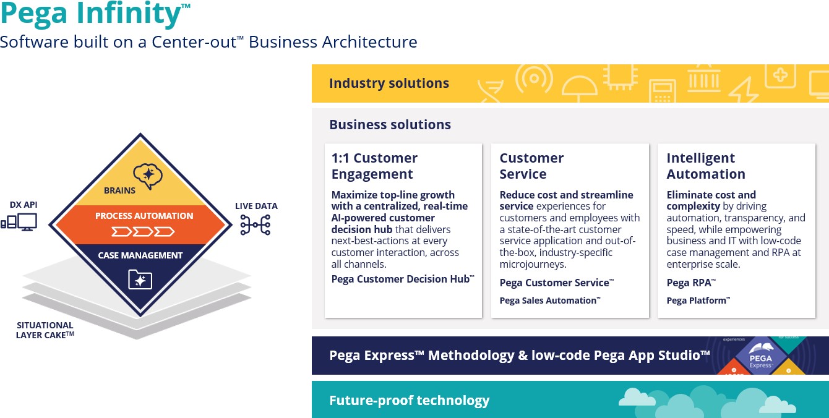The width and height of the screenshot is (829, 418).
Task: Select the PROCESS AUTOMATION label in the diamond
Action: (x=144, y=216)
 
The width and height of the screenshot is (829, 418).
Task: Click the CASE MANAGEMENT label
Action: (x=140, y=255)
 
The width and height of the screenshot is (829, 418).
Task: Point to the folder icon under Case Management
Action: (x=140, y=279)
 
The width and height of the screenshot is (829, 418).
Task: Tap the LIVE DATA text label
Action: (x=256, y=206)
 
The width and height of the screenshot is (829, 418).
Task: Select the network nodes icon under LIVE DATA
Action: (x=256, y=225)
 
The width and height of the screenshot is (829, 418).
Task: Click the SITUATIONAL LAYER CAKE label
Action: (x=45, y=330)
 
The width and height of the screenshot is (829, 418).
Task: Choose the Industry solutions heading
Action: (x=389, y=83)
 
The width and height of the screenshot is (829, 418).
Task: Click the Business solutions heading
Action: (x=390, y=124)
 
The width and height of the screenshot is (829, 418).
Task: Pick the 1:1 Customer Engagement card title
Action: (x=374, y=166)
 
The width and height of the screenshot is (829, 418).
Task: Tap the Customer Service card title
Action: (x=531, y=166)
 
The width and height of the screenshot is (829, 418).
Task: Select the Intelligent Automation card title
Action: (x=705, y=166)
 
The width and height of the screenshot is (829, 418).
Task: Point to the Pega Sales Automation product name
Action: (x=549, y=301)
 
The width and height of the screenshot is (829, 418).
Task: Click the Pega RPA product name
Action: (x=690, y=283)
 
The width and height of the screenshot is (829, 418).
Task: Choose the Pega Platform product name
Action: (x=698, y=301)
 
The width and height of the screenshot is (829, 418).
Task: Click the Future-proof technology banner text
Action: (x=409, y=400)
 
